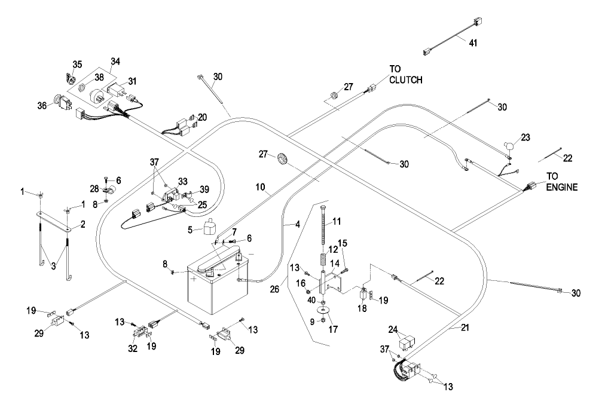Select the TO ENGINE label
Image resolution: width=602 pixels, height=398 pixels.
(x=562, y=182)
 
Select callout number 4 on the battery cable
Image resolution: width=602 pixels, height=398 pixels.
(x=297, y=225)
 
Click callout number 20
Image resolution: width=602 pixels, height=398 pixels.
(x=203, y=117)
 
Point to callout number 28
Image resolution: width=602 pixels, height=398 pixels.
(x=93, y=189)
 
